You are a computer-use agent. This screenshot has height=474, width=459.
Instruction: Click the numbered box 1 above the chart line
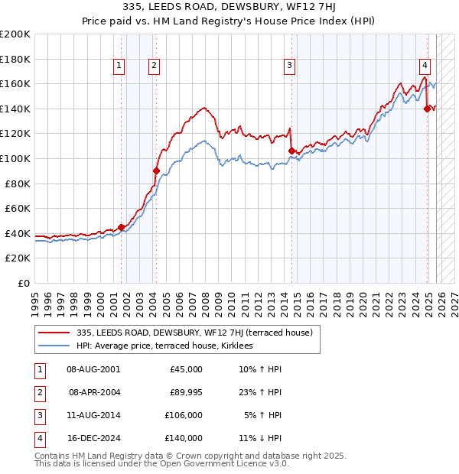pyautogui.click(x=120, y=67)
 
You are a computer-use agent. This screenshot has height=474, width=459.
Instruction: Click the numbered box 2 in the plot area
pyautogui.click(x=155, y=67)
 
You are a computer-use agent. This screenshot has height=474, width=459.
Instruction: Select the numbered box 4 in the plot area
pyautogui.click(x=425, y=67)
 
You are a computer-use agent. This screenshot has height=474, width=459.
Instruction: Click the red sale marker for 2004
pyautogui.click(x=156, y=171)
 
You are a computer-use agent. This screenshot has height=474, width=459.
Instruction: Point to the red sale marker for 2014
pyautogui.click(x=291, y=151)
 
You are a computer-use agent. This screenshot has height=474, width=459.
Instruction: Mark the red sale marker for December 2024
pyautogui.click(x=427, y=109)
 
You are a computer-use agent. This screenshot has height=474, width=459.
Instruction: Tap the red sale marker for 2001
pyautogui.click(x=121, y=227)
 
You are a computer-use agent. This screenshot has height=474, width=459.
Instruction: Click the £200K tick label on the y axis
pyautogui.click(x=16, y=34)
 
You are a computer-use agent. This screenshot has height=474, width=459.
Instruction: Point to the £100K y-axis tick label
pyautogui.click(x=16, y=158)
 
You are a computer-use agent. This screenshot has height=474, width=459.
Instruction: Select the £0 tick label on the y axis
pyautogui.click(x=23, y=283)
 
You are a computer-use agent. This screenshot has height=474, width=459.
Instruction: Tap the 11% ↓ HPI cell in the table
pyautogui.click(x=260, y=438)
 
